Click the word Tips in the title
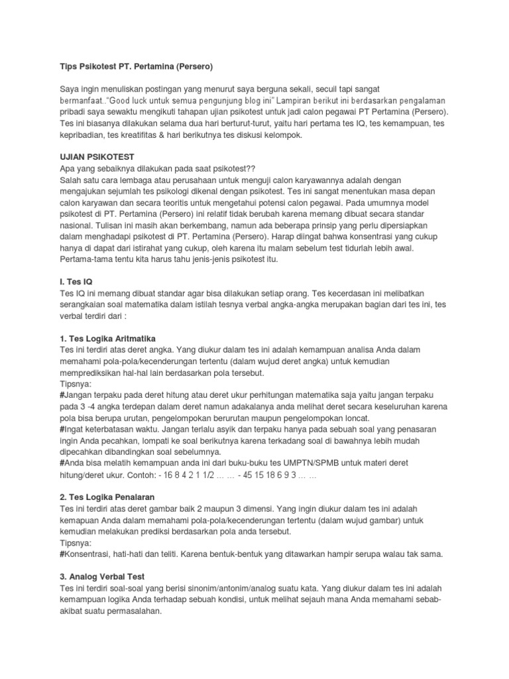tap(69, 67)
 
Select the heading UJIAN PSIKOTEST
tap(97, 156)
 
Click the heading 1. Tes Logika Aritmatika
tap(107, 338)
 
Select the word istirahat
tap(146, 248)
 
